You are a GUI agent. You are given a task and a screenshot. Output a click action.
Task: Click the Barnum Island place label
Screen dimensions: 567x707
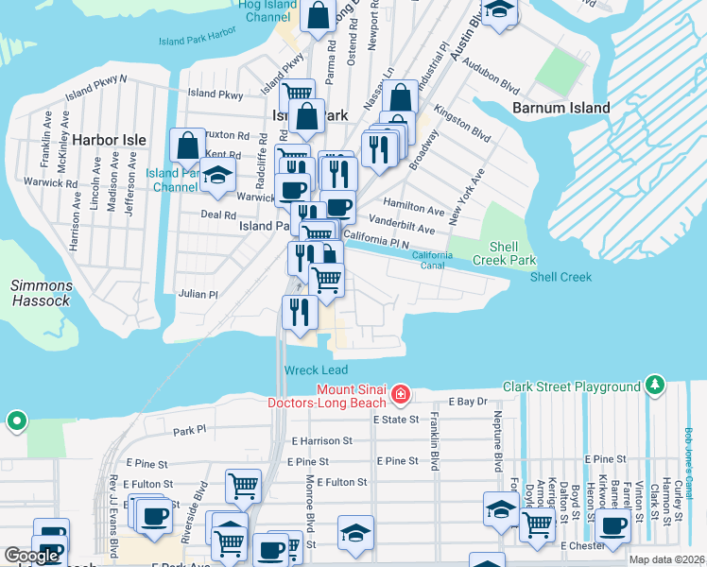560,108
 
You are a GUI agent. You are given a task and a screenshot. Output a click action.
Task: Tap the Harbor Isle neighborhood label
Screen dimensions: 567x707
108,140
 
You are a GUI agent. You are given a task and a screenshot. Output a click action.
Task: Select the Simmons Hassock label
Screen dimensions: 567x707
41,293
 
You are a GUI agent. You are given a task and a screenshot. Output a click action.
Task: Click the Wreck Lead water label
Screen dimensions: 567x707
316,369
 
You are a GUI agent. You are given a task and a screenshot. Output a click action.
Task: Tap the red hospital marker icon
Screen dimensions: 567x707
401,392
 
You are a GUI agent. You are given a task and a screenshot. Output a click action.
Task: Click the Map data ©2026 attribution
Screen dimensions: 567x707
666,559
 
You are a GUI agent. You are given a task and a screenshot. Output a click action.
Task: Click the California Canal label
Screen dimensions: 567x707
433,260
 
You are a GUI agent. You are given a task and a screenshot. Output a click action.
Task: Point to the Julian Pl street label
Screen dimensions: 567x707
198,294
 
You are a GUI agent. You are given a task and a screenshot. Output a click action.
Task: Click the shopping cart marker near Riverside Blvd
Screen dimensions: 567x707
243,487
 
